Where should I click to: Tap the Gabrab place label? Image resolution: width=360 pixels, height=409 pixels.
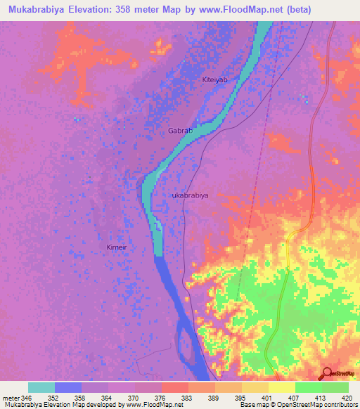point(181,131)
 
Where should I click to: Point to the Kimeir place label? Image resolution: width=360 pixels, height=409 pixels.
point(116,247)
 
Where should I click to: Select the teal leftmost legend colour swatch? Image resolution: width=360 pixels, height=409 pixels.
point(41,387)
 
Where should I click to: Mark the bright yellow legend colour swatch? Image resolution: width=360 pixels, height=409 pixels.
point(282,387)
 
